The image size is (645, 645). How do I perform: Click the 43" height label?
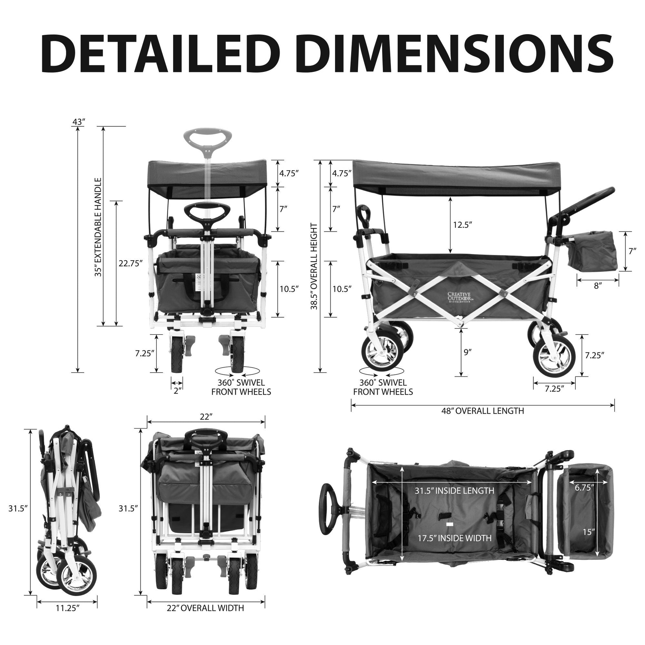click(79, 122)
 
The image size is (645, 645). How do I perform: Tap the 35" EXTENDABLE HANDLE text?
click(98, 227)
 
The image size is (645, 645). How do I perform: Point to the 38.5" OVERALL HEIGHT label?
click(314, 266)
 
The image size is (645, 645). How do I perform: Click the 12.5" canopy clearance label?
click(462, 225)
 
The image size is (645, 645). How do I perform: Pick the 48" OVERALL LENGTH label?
click(482, 411)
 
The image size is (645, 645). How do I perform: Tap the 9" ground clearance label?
click(467, 351)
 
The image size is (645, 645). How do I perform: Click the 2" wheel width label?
click(177, 390)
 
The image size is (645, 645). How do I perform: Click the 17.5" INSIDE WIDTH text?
click(455, 538)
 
